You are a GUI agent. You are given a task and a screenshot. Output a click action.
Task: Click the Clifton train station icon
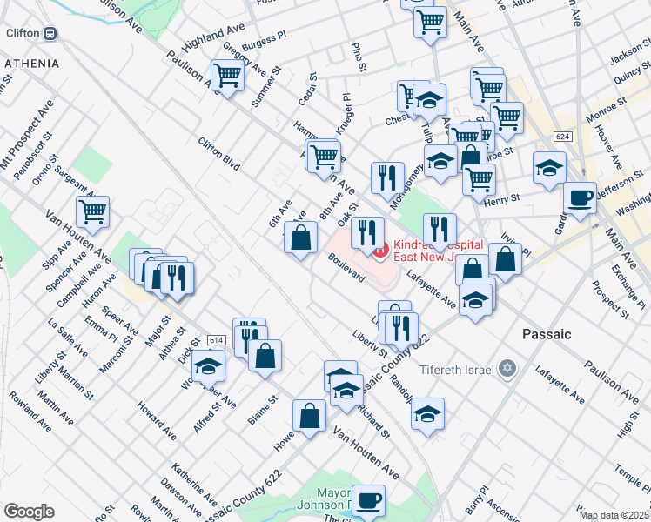point(50,33)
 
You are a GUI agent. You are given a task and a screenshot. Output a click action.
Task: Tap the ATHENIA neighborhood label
point(31,64)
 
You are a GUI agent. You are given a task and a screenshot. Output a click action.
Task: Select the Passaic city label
point(546,334)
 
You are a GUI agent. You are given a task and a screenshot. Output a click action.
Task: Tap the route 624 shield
point(562,137)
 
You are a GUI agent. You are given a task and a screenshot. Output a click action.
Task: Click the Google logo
point(29,511)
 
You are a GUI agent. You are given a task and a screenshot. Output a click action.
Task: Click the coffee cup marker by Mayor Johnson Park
point(369,500)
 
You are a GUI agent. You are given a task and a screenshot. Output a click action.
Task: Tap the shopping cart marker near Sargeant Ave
point(91,211)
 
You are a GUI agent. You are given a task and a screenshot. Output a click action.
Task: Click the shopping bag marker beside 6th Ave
point(300,238)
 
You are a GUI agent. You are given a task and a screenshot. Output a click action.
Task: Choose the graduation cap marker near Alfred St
point(208,366)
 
